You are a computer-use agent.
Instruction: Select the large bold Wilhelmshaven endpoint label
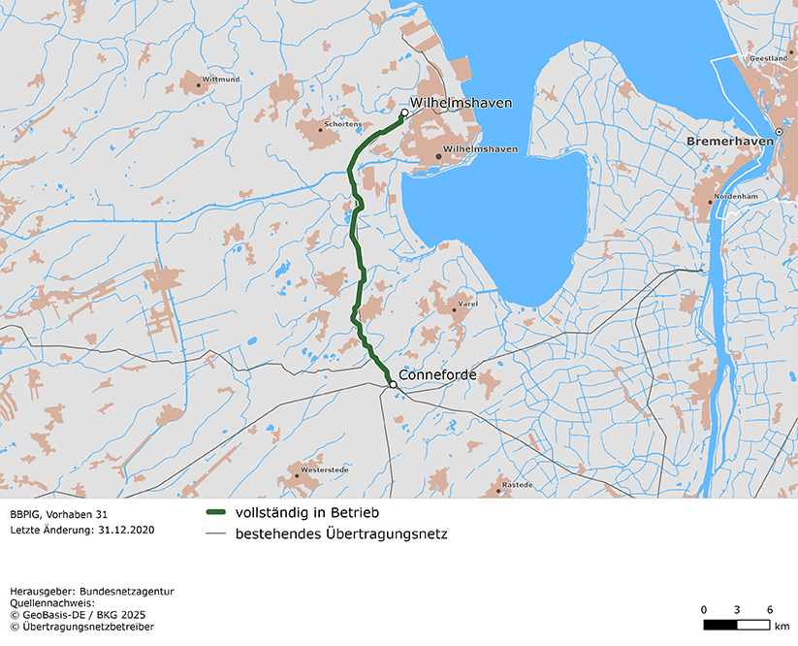[x=461, y=103]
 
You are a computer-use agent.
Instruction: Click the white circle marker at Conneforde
[x=393, y=385]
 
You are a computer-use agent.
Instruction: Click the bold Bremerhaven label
[x=730, y=142]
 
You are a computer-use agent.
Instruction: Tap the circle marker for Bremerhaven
[x=779, y=132]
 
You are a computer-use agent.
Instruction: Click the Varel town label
[x=468, y=305]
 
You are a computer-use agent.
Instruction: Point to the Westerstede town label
[x=324, y=469]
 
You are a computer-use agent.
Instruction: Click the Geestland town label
[x=768, y=58]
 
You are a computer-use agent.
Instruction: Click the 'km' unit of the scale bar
[x=782, y=627]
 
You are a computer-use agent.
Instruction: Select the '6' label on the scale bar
[x=770, y=609]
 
